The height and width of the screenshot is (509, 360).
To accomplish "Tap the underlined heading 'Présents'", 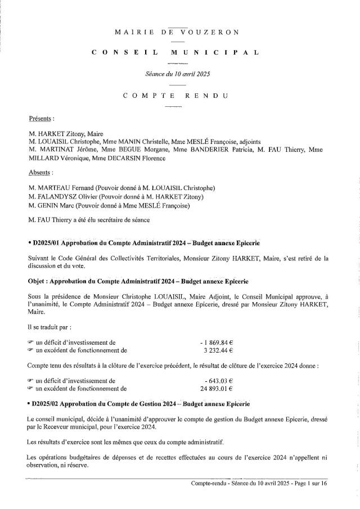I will click(41, 119).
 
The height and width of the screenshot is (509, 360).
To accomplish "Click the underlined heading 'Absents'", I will click(40, 173).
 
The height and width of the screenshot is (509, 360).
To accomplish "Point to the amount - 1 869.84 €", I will click(217, 341).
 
